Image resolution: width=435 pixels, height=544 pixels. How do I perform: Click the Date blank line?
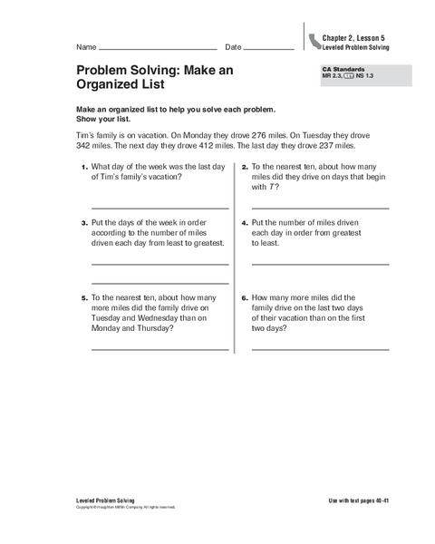point(269,47)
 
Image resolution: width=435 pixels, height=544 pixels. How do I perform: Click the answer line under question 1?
point(159,208)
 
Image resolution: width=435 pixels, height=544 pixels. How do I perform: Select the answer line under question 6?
point(320,349)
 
